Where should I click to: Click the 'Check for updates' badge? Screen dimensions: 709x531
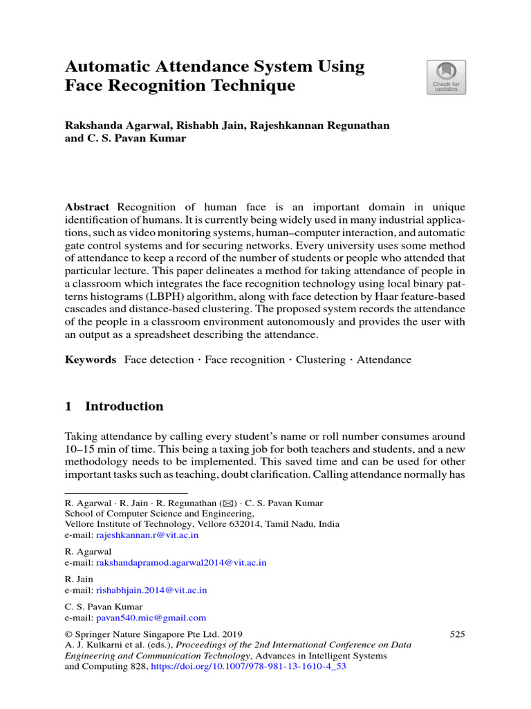446,77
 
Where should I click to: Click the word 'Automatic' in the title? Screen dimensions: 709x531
106,67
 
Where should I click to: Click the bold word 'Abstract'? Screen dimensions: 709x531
87,207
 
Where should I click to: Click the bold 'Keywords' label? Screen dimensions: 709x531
91,359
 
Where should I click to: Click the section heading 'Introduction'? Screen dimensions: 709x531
124,406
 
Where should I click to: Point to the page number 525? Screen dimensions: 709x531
457,634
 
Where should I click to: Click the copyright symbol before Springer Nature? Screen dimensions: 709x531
68,634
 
